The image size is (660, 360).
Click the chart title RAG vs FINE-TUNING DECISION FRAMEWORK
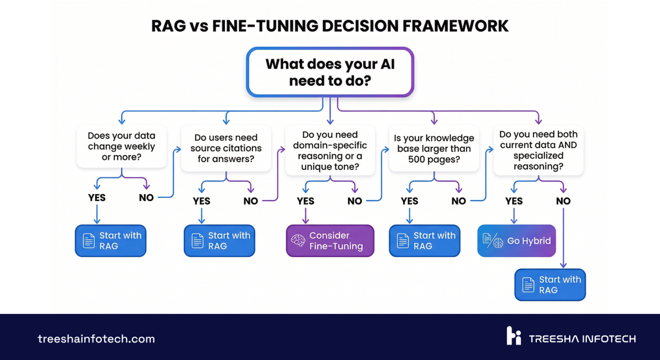pyautogui.click(x=330, y=26)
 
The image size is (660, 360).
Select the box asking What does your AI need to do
pyautogui.click(x=330, y=72)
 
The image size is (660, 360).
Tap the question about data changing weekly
pyautogui.click(x=122, y=147)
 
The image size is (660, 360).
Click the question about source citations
pyautogui.click(x=226, y=148)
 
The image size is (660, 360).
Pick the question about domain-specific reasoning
pyautogui.click(x=330, y=151)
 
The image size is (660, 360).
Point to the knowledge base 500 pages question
pyautogui.click(x=434, y=148)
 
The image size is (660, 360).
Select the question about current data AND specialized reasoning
pyautogui.click(x=538, y=150)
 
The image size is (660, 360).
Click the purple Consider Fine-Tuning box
pyautogui.click(x=330, y=241)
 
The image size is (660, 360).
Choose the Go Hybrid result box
pyautogui.click(x=516, y=241)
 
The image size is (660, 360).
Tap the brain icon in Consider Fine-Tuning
pyautogui.click(x=298, y=241)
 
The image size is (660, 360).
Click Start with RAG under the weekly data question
pyautogui.click(x=111, y=241)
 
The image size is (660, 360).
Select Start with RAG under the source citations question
pyautogui.click(x=219, y=241)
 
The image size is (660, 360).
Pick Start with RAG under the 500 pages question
pyautogui.click(x=425, y=241)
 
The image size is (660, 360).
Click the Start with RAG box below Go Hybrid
pyautogui.click(x=550, y=285)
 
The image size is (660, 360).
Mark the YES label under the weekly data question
pyautogui.click(x=97, y=197)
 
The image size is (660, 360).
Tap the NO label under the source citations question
pyautogui.click(x=251, y=201)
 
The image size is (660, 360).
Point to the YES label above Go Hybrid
pyautogui.click(x=514, y=201)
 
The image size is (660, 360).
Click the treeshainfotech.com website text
pyautogui.click(x=96, y=339)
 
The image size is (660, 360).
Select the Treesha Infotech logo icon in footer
pyautogui.click(x=514, y=336)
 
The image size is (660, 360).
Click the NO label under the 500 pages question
pyautogui.click(x=459, y=201)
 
